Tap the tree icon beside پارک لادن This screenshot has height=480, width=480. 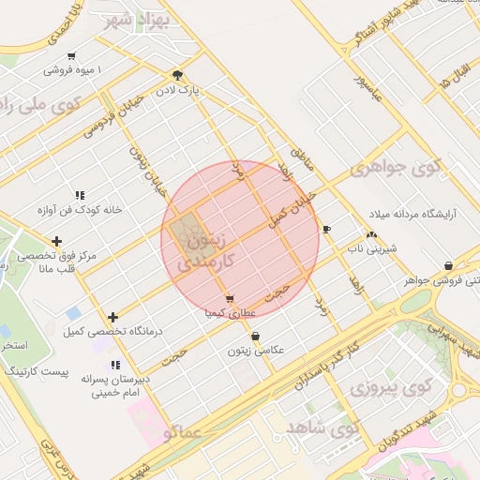(x=177, y=76)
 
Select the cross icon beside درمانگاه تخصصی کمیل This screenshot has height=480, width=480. (x=113, y=317)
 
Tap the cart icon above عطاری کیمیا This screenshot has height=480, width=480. (x=230, y=298)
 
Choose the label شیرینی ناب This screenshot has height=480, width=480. (x=373, y=248)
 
